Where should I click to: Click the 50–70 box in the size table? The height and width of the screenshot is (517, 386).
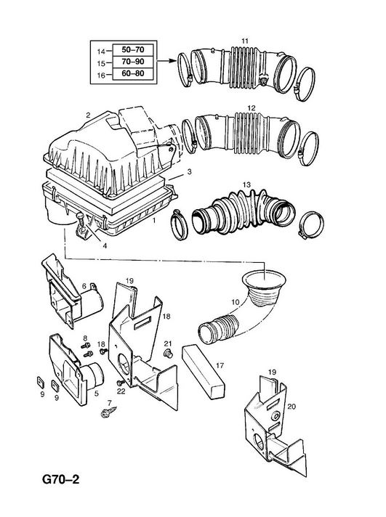[134, 50]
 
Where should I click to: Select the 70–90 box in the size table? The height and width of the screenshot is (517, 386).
[134, 62]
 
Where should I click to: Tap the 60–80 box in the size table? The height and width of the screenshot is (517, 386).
[134, 73]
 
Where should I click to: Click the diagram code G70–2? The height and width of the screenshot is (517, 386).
[61, 479]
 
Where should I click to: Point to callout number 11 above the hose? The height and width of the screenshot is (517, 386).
[245, 41]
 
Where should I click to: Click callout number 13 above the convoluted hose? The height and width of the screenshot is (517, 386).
[246, 184]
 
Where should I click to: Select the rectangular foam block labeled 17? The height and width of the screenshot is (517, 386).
[204, 371]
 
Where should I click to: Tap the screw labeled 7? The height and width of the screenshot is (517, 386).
[108, 412]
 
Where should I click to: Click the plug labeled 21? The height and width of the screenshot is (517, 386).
[169, 354]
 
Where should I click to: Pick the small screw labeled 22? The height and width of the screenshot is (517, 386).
[121, 383]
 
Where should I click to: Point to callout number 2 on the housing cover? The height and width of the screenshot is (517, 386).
[88, 115]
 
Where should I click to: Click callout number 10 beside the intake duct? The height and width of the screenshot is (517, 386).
[235, 302]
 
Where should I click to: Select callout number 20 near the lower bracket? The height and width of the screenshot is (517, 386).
[291, 407]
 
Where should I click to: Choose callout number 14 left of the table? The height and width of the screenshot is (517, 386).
[101, 52]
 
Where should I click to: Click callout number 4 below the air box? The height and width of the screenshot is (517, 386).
[105, 245]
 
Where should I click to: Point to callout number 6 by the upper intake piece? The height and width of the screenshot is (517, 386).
[84, 286]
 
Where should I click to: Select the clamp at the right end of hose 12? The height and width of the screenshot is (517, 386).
[308, 148]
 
